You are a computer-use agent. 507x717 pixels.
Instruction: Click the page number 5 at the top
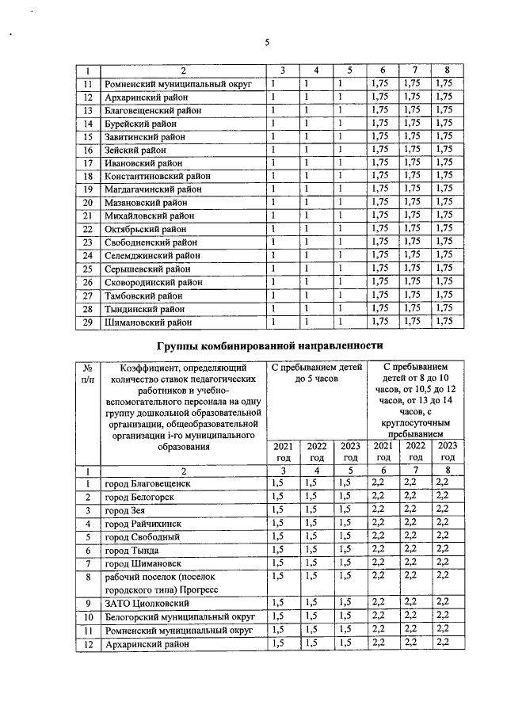click(x=267, y=42)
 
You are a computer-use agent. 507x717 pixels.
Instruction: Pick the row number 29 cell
click(x=89, y=322)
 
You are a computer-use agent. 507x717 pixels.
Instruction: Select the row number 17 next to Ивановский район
click(x=89, y=163)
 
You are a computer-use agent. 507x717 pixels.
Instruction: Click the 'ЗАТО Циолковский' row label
click(x=144, y=604)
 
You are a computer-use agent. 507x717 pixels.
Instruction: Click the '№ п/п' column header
click(x=89, y=374)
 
